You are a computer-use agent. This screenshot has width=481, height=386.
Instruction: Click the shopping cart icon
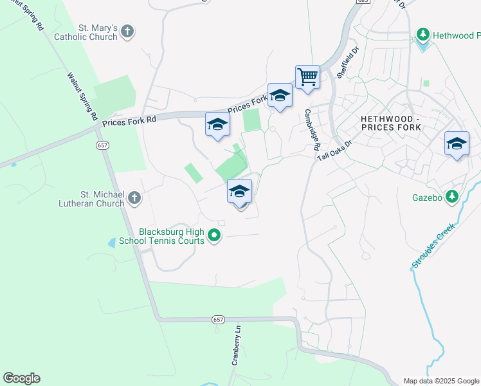tap(307, 77)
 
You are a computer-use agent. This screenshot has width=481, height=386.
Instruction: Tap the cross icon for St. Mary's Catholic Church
tap(127, 31)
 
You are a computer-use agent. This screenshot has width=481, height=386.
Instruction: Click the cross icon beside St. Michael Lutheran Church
tap(134, 198)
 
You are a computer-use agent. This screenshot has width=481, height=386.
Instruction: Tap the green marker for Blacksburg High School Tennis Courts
tap(215, 236)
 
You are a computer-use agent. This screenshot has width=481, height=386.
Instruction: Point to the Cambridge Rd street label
tap(313, 129)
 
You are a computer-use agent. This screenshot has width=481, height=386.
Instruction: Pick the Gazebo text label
tap(427, 197)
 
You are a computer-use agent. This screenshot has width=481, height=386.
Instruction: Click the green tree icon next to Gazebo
tap(452, 196)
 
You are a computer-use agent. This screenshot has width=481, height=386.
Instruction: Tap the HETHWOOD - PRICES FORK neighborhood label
tap(390, 123)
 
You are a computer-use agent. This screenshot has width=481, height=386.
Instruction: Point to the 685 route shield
tap(363, 2)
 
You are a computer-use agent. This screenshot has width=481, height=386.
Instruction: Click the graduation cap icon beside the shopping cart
tap(280, 96)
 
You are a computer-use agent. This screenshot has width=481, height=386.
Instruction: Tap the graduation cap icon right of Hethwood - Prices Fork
tap(457, 144)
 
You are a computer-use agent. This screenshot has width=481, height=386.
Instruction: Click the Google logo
tap(21, 378)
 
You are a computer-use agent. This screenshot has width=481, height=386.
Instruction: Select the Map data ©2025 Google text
tap(442, 381)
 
